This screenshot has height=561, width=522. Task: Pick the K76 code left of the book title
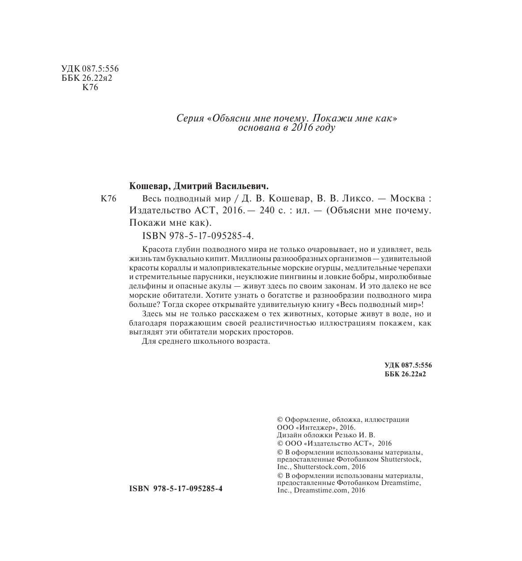[x=108, y=199]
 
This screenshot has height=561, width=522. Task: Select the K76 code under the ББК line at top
[x=90, y=87]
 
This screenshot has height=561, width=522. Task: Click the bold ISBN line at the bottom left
[x=175, y=489]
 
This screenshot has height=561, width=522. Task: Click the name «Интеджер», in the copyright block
[x=314, y=428]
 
